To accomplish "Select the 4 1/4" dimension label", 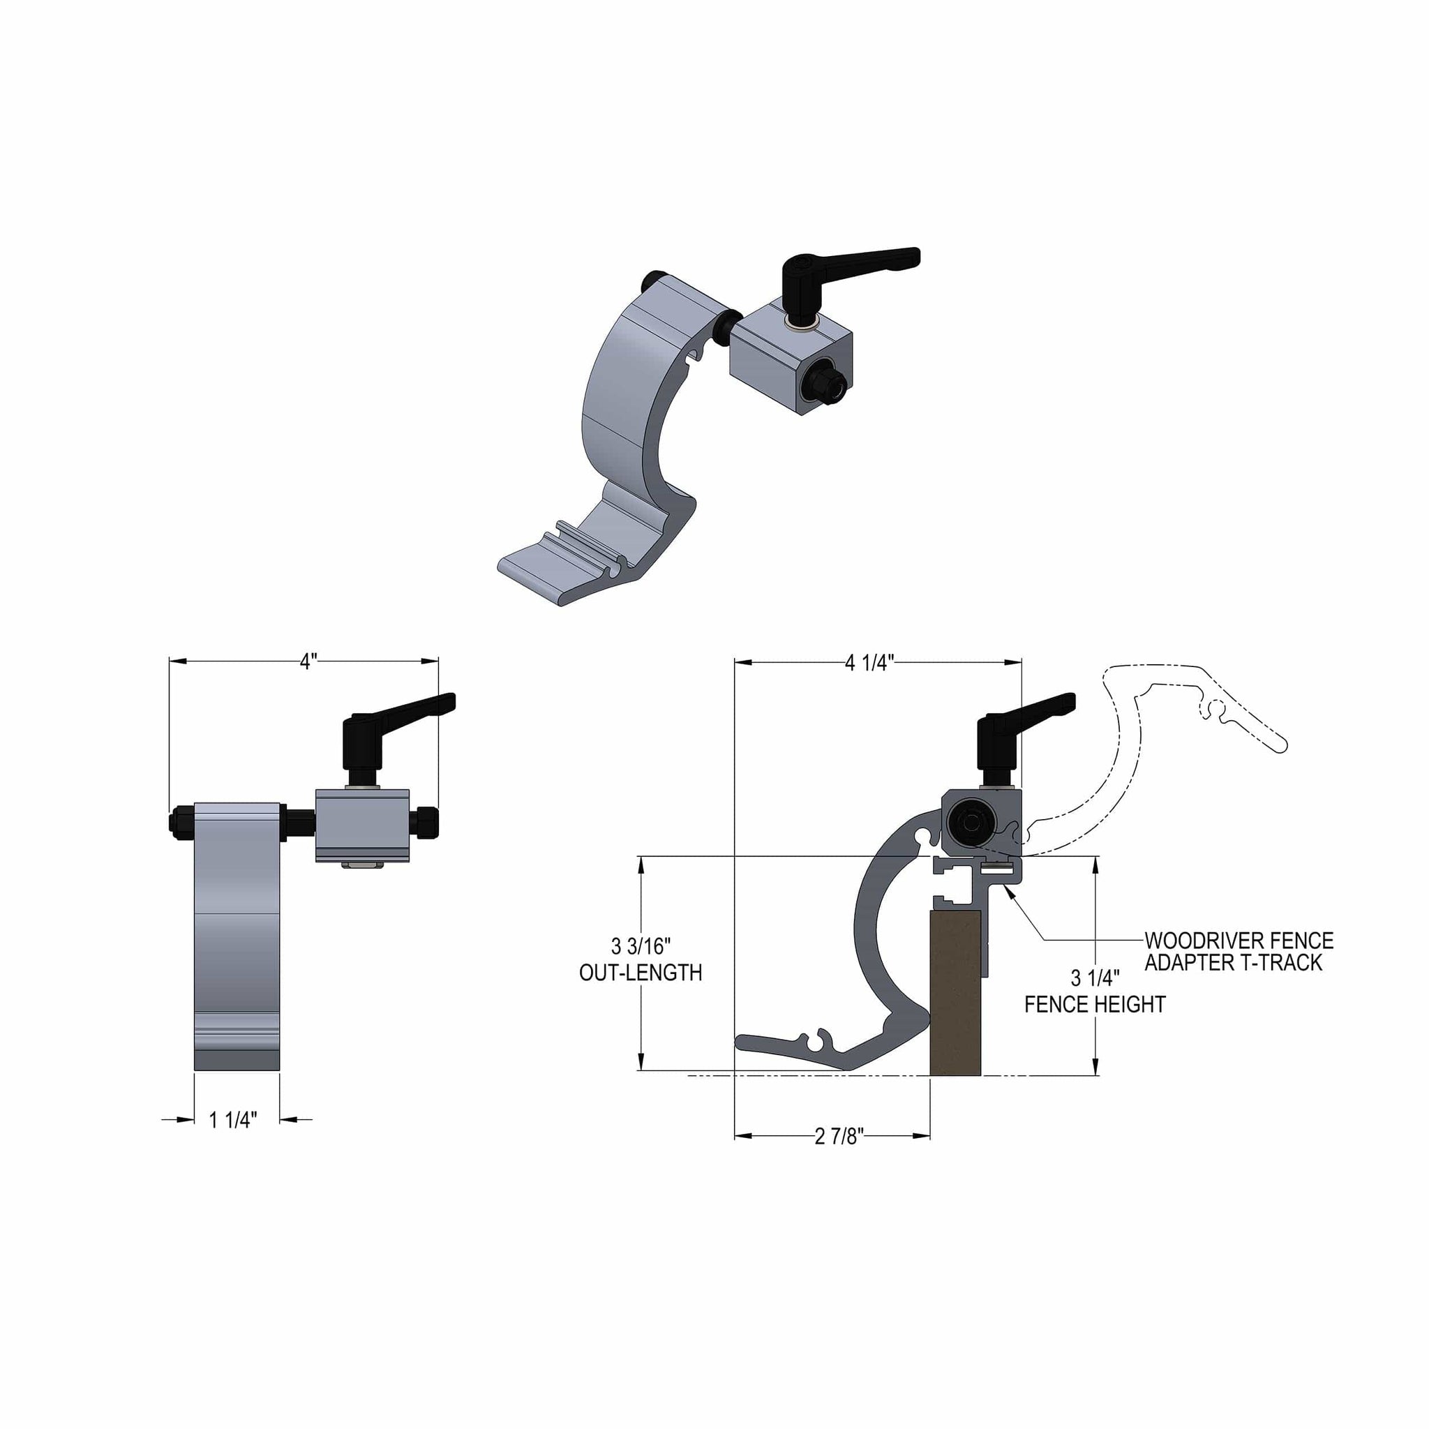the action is point(870,663).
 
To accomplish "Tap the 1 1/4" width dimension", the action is point(233,1120).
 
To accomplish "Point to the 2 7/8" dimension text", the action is point(839,1136).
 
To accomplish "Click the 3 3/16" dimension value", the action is point(641,946).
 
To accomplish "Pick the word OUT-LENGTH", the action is point(641,973).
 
